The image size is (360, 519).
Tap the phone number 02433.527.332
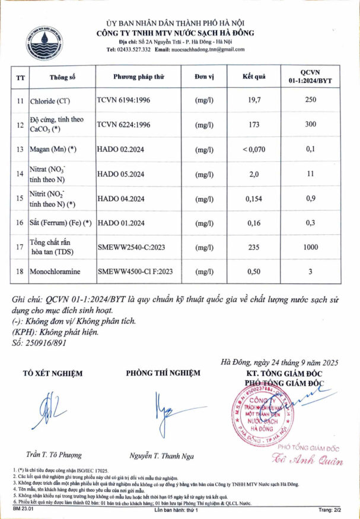133,50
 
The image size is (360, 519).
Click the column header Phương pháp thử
139,78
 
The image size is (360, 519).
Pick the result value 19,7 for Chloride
254,101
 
